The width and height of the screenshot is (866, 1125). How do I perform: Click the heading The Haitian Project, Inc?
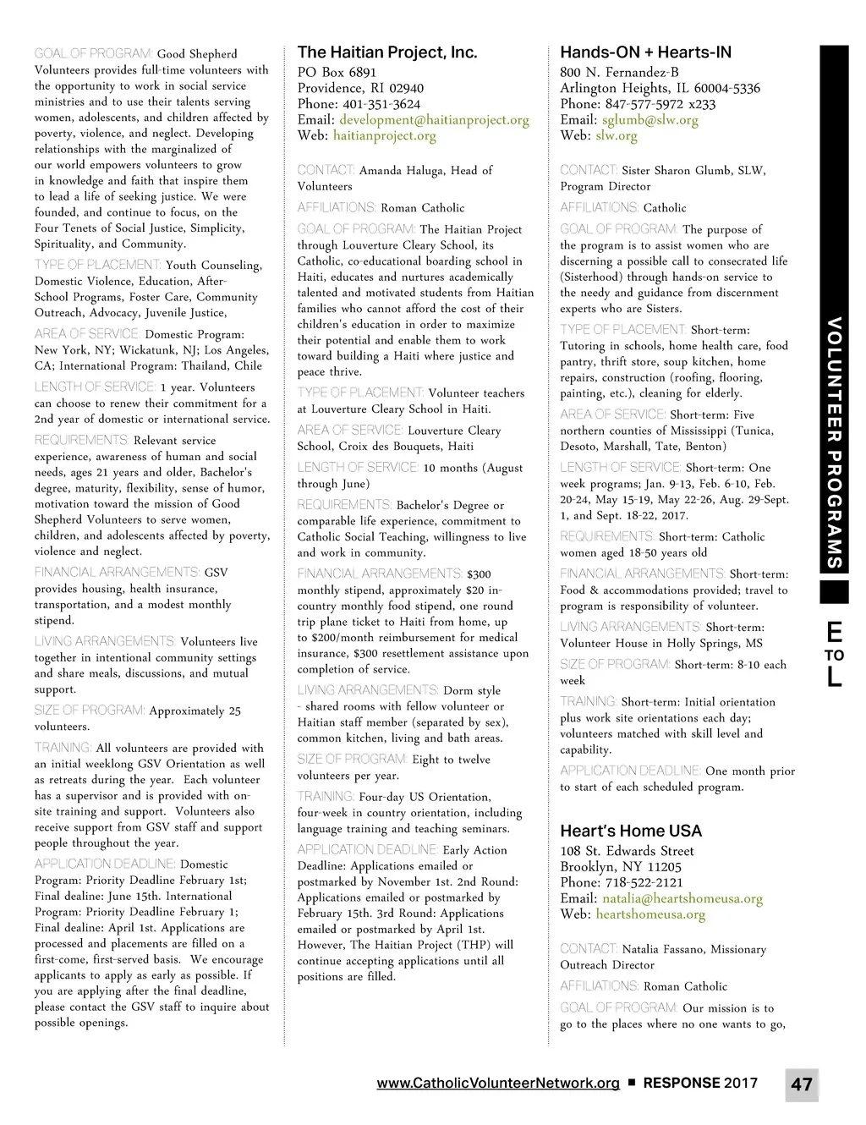[x=387, y=52]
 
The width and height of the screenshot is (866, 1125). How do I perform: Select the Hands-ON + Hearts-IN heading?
[x=645, y=52]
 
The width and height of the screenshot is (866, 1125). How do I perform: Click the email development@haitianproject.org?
[x=434, y=120]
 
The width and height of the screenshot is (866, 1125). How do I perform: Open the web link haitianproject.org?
[x=385, y=135]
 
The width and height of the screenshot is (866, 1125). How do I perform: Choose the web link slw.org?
[x=617, y=135]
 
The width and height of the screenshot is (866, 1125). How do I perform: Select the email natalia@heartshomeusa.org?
[x=682, y=898]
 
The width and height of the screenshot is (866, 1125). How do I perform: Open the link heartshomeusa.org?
[x=650, y=914]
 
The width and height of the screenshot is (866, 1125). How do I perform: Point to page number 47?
[x=802, y=1084]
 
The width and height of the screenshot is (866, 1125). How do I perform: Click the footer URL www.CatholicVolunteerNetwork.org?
[x=498, y=1084]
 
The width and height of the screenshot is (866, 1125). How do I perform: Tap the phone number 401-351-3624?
[x=381, y=104]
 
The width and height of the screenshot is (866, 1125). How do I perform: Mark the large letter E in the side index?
[x=834, y=632]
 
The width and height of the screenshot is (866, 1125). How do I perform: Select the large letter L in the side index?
[x=834, y=678]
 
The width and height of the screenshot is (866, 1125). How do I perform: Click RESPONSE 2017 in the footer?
[x=700, y=1084]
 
